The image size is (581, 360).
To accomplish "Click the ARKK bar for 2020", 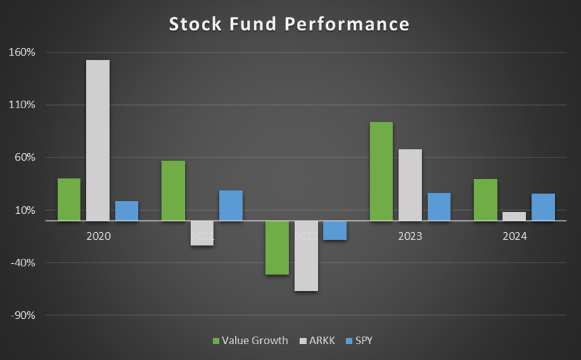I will coord(98,140).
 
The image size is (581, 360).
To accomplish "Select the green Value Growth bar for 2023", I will coord(381,171).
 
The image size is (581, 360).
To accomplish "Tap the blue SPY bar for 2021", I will coord(231,206).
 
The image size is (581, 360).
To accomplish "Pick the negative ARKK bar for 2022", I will coord(306,256).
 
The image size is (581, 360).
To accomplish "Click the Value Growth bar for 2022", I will coord(277,248).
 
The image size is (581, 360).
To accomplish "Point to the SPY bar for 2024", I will coord(543,207).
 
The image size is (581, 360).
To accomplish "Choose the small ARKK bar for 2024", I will coord(514,216).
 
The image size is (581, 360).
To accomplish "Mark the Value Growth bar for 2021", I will coord(173,190).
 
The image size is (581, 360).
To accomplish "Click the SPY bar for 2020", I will coord(127,211).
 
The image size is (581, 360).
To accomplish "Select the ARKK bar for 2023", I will coord(410,185).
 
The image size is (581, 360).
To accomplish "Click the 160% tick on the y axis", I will coord(23,53).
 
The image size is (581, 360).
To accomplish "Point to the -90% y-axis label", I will coord(23,315).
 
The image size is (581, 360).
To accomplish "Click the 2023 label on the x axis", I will coord(410,237).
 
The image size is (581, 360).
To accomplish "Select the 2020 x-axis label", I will coord(98,237).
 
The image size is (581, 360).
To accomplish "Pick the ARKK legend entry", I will coord(318,340).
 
